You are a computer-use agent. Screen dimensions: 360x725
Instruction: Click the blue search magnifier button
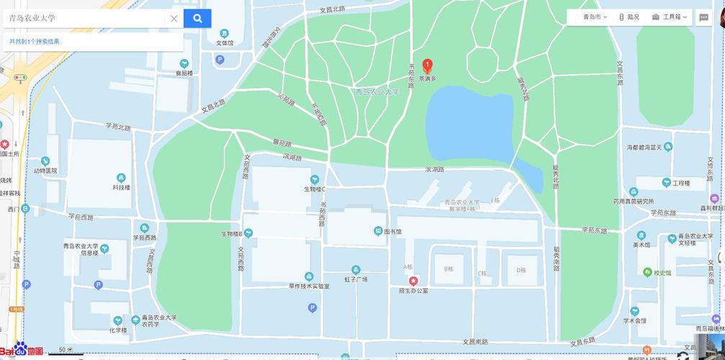[197, 18]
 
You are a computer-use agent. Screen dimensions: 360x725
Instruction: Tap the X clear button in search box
[174, 19]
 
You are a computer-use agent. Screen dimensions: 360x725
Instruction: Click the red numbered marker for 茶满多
[427, 66]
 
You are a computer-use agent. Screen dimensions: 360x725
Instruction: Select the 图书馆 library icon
[378, 231]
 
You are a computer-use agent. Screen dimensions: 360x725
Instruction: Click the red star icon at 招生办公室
[413, 280]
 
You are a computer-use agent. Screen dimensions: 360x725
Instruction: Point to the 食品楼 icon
[184, 63]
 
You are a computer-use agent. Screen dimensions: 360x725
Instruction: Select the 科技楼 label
[121, 187]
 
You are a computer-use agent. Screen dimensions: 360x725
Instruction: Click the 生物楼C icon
[314, 179]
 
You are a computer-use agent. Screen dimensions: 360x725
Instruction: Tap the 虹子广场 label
[356, 279]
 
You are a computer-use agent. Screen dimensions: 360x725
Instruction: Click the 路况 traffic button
[629, 17]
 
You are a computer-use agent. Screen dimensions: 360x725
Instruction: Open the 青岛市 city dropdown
[595, 17]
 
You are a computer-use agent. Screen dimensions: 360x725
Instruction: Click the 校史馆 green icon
[647, 273]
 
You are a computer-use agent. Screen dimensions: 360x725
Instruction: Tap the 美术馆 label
[641, 245]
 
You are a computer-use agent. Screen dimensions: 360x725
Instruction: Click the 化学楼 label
[118, 330]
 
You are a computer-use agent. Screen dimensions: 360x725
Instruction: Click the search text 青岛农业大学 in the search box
[32, 18]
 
